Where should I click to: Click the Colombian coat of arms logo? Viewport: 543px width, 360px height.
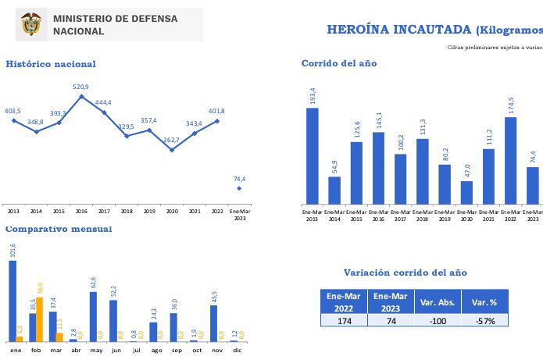pos(30,24)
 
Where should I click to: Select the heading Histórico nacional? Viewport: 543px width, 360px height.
pos(51,64)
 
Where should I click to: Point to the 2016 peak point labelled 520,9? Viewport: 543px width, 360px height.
pos(81,96)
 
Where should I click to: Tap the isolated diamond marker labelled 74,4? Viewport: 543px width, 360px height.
pos(239,188)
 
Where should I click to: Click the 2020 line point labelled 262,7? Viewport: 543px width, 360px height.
pos(172,149)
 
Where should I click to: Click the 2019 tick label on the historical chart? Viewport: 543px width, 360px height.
pos(149,212)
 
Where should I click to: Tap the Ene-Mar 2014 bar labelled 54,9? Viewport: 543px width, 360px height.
pos(334,191)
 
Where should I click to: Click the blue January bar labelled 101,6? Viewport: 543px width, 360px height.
pos(13,301)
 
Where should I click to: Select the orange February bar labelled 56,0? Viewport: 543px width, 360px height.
pos(40,319)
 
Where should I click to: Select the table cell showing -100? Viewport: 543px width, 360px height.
pos(438,320)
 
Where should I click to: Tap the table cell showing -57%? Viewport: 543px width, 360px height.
pos(484,320)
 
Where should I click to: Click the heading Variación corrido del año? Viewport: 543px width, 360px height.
pos(405,273)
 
